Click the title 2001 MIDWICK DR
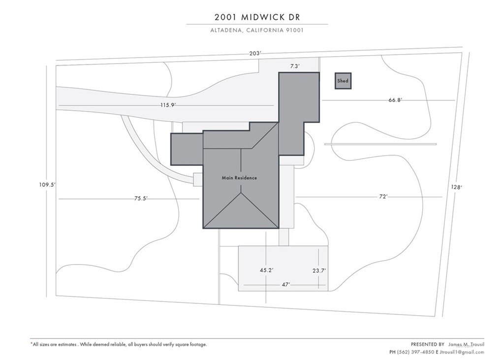[x=257, y=17]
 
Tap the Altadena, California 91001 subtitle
[x=257, y=30]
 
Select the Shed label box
[x=343, y=81]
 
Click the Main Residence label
[x=239, y=178]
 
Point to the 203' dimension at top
[x=254, y=54]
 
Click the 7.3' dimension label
[x=294, y=65]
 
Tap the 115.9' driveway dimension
[x=168, y=105]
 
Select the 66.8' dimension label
[x=395, y=100]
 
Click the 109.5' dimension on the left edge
[x=48, y=185]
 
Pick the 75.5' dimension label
[x=141, y=198]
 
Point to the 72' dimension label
[x=383, y=196]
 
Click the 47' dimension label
[x=285, y=284]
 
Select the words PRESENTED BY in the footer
[x=427, y=344]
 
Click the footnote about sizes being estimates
[x=119, y=344]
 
